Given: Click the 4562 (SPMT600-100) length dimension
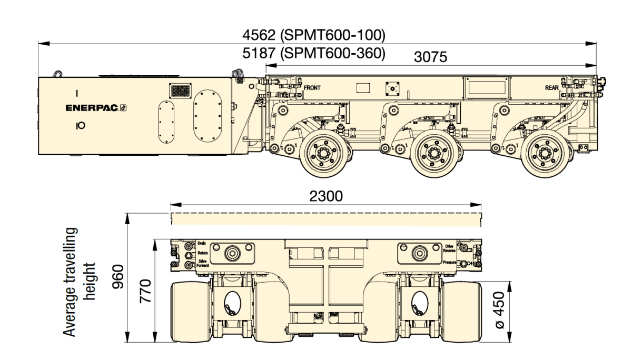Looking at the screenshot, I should pos(314,35).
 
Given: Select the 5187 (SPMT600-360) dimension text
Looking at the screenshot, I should pos(314,53).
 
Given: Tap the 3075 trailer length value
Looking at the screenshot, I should pos(430,57).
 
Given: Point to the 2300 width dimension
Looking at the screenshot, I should pos(326,196).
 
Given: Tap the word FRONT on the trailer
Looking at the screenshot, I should pos(312,87).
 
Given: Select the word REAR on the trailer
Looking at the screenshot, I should pos(551,87).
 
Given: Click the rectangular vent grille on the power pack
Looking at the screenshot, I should pos(180,91).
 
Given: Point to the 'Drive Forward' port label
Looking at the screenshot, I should pos(203,263).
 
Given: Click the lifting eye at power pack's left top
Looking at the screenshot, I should pos(58,74).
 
